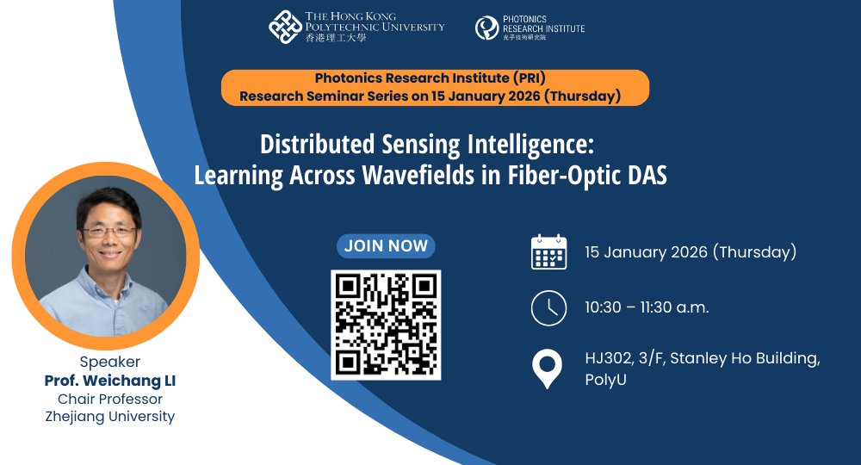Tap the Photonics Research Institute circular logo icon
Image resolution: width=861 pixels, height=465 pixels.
click(486, 28)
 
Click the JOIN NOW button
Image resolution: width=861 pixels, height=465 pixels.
click(386, 245)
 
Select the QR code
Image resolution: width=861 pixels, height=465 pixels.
click(386, 325)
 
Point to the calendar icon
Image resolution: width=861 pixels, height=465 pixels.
click(548, 252)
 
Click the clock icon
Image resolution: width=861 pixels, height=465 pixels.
click(548, 307)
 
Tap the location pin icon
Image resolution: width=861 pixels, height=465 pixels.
click(548, 369)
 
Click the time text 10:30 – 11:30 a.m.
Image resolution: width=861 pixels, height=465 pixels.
click(647, 307)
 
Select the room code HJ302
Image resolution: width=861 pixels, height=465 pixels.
click(609, 358)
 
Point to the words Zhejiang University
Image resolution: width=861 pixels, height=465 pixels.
click(110, 417)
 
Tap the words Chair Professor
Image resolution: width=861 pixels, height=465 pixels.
click(110, 399)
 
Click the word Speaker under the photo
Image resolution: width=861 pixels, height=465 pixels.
click(110, 362)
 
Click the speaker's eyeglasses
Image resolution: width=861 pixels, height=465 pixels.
click(108, 231)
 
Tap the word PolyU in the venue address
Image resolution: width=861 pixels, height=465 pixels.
click(604, 380)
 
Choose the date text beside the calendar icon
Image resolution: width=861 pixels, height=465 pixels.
click(691, 252)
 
